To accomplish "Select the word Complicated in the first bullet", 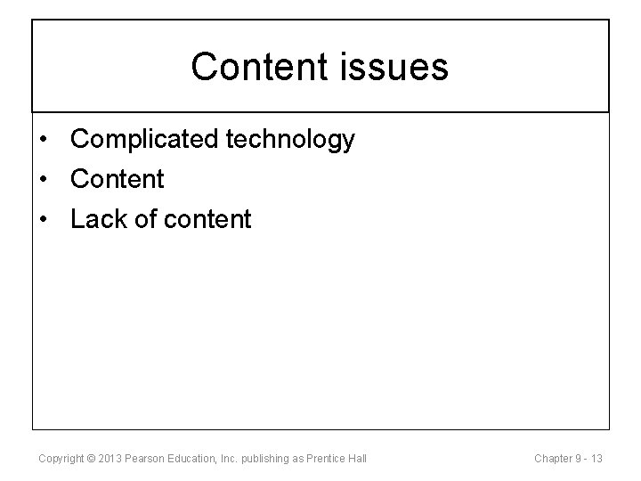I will pos(147,140).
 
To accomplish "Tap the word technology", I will pos(293,140).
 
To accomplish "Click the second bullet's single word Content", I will pos(118,179).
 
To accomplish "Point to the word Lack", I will pos(97,219).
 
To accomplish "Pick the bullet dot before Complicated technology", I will pos(44,140).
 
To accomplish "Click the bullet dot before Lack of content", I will pos(44,219).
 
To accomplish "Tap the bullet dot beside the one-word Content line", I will pos(44,179).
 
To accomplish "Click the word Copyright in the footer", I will pos(61,459).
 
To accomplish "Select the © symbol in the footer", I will pos(92,459).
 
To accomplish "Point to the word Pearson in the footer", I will pos(145,459).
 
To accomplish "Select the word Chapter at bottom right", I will pos(553,459).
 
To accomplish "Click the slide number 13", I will pos(596,459).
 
